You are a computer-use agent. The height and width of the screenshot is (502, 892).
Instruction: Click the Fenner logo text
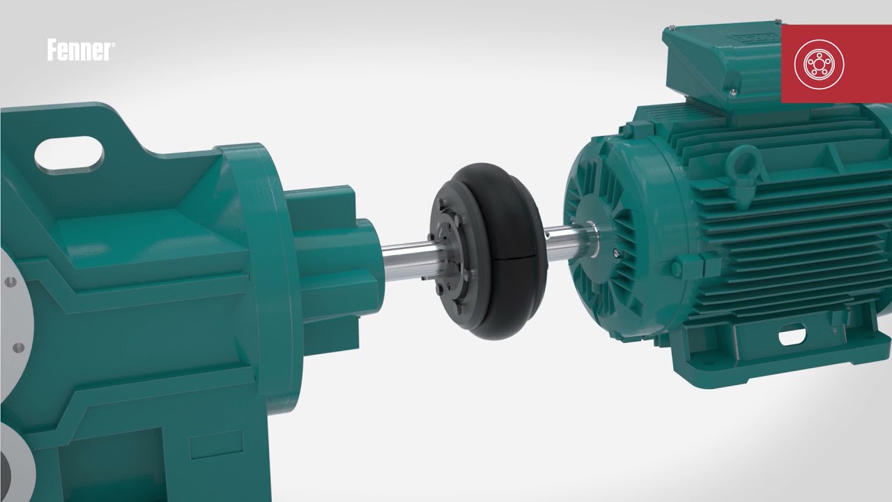click(78, 51)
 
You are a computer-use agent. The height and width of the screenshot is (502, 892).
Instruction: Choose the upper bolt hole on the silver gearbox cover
click(9, 282)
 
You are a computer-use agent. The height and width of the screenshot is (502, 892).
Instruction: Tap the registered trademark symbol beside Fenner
click(114, 46)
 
